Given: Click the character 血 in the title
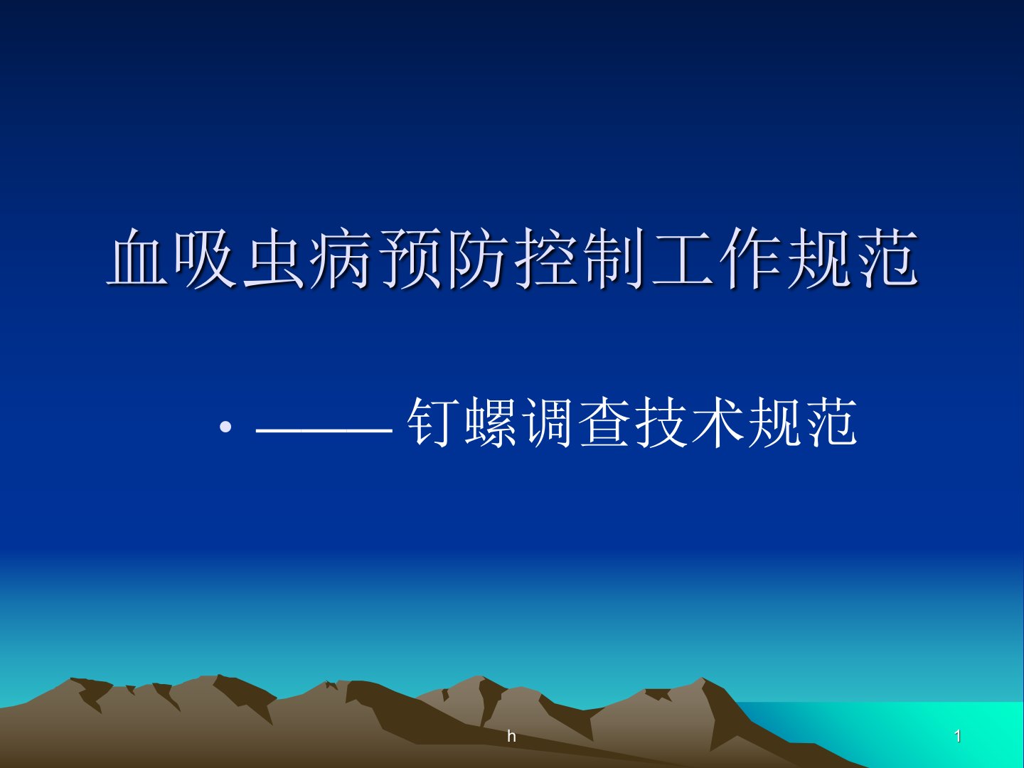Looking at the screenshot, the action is tap(138, 257).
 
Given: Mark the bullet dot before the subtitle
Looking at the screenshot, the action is tap(226, 427).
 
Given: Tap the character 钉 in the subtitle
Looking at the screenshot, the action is tap(432, 422).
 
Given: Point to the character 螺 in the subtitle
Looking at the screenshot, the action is tap(490, 422).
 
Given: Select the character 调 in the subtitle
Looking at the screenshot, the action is tap(548, 422).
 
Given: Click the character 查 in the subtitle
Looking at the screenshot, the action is tap(604, 422).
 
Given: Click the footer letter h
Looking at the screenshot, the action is tap(512, 736).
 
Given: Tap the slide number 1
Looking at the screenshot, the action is tap(958, 736).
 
